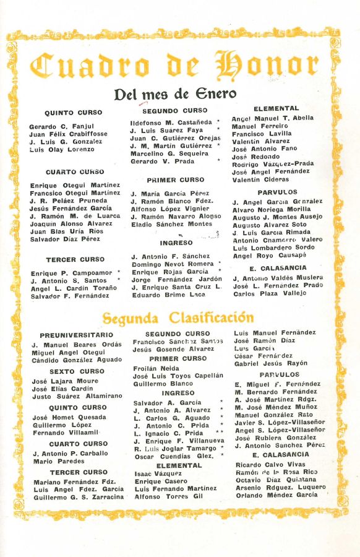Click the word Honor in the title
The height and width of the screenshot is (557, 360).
point(267,64)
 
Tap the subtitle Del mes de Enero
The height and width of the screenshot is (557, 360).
point(175,94)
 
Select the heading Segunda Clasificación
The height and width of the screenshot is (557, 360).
point(178,318)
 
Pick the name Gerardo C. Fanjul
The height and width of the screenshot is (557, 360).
point(57,126)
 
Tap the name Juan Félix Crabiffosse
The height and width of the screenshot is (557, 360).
point(68,134)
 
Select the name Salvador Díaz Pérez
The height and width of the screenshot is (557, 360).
point(64,239)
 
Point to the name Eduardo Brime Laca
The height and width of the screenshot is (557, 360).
point(168,295)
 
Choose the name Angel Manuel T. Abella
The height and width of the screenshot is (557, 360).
point(272,118)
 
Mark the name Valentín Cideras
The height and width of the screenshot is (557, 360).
point(260,179)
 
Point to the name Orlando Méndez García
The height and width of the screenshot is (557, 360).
point(276,495)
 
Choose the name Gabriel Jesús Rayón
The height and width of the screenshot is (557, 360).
point(271,363)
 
